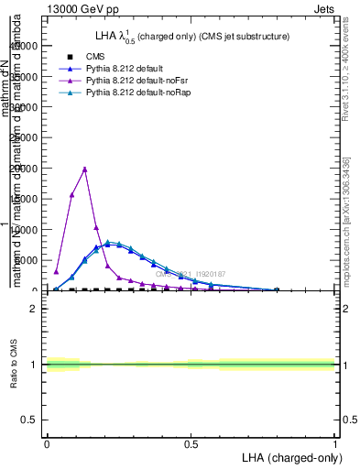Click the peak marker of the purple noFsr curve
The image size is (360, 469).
coord(84,169)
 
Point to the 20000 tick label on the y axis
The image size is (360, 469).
coord(25,169)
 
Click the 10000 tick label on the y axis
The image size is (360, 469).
coord(25,230)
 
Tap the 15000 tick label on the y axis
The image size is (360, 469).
coord(25,199)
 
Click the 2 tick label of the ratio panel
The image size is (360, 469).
coord(34,309)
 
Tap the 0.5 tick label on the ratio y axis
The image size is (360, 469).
coord(30,420)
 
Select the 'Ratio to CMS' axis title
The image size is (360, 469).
coord(15,365)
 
